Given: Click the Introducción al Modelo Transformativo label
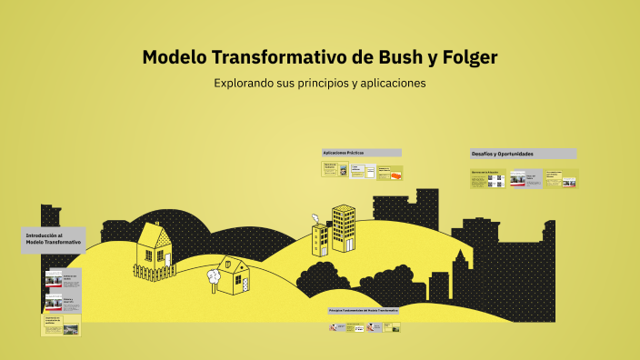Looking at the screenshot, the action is [x=54, y=240].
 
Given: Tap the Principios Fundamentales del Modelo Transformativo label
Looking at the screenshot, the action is [x=364, y=310].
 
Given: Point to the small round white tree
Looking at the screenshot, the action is [x=215, y=274].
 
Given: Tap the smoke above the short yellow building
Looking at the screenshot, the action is [x=315, y=218].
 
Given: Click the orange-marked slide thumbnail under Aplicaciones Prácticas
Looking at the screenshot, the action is [x=389, y=171].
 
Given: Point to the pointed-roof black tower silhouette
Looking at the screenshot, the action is [x=462, y=273].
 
